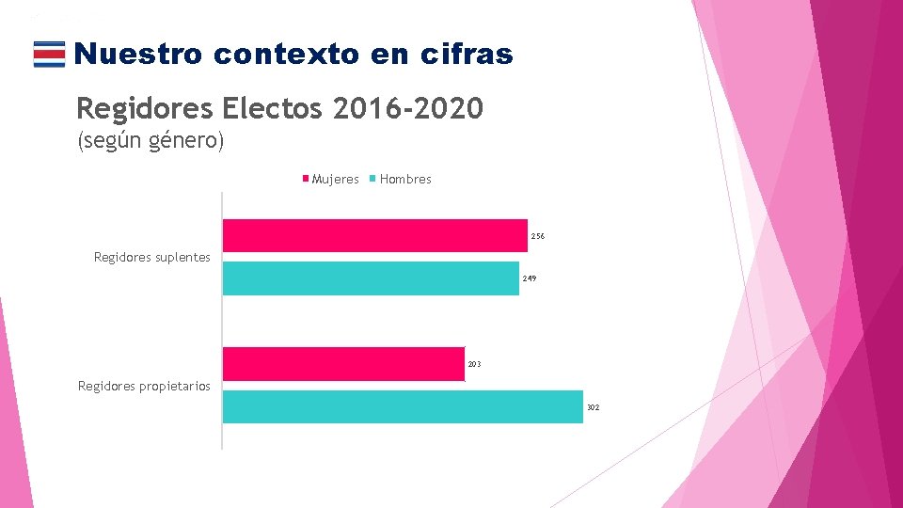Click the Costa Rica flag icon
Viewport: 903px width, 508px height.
(49, 55)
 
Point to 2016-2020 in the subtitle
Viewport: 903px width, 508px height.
(408, 108)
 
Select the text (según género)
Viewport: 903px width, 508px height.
(150, 142)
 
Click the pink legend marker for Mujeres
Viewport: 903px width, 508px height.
(306, 179)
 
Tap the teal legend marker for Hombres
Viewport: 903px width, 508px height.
(373, 179)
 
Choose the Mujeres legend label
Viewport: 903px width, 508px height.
(335, 179)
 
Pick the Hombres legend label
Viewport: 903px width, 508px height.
(405, 179)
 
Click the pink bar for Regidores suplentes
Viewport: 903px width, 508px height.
(374, 235)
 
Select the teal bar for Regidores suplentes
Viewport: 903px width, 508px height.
(371, 278)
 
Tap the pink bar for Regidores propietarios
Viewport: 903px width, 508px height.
(343, 363)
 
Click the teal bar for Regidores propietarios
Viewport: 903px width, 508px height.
(403, 406)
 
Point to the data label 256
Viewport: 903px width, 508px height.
(537, 236)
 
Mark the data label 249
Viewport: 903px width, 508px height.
(529, 279)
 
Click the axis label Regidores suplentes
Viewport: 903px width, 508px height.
(152, 257)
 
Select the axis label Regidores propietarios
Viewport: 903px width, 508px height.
(144, 386)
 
